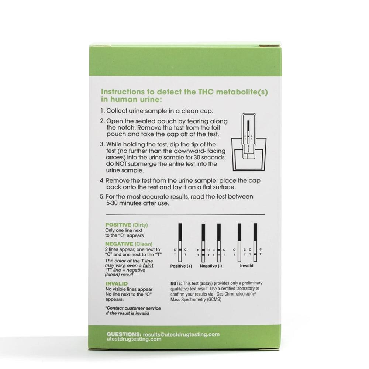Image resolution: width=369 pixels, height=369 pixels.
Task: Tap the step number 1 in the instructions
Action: point(102,111)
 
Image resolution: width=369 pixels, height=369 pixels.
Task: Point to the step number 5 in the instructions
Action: point(102,197)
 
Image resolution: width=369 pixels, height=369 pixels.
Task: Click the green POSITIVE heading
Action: point(118,224)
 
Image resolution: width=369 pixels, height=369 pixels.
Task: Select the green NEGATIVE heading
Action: point(119,244)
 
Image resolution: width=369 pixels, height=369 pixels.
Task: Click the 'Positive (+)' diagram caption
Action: point(181,266)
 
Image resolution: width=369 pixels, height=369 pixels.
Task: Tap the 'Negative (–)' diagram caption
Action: point(211,266)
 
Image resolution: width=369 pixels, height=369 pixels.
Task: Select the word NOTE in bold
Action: point(176,283)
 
